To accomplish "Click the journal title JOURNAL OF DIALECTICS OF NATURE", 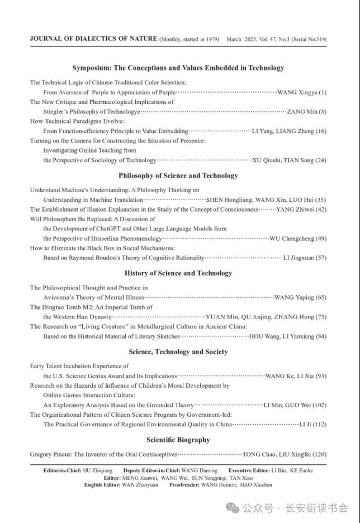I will click(93, 39).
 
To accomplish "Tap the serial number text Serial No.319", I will click(306, 40).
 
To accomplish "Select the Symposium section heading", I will click(178, 68).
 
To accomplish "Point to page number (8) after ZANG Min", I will click(323, 112).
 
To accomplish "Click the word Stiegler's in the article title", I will click(58, 112).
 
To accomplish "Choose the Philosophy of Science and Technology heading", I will click(178, 175).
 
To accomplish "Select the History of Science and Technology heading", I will click(178, 273).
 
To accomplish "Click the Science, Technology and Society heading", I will click(178, 352).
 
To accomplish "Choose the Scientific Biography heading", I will click(178, 440).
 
